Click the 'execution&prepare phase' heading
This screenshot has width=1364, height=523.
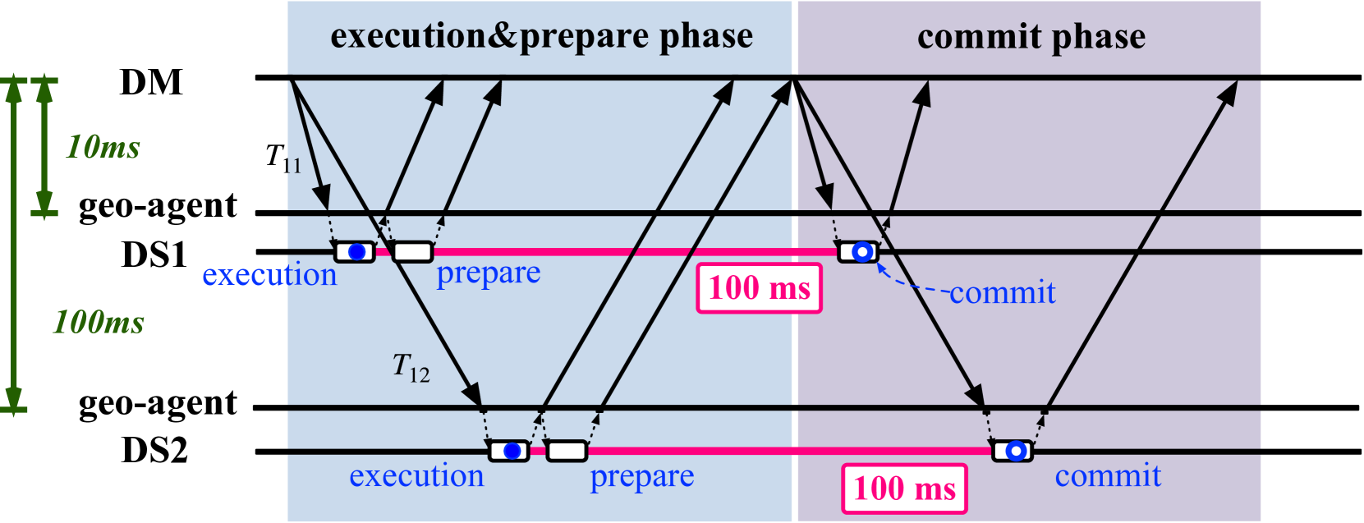(541, 36)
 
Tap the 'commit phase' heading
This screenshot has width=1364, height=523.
(1031, 37)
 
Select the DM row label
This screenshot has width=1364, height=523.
(151, 82)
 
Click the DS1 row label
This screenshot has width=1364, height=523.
(154, 255)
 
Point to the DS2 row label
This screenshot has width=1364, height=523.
(154, 450)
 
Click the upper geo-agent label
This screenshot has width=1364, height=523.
(158, 206)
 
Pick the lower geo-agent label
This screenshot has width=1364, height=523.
(158, 404)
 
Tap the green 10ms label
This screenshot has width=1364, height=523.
(103, 148)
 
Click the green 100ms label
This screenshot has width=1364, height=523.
(99, 322)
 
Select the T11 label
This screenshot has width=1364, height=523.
(283, 158)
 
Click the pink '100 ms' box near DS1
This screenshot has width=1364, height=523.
(759, 288)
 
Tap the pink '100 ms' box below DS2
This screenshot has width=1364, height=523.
(904, 489)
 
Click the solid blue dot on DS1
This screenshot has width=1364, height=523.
(356, 252)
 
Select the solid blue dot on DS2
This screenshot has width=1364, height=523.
(512, 451)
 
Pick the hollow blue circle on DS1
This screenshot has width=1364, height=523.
(861, 252)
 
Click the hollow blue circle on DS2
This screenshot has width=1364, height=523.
(1016, 451)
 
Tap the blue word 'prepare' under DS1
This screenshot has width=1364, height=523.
(488, 273)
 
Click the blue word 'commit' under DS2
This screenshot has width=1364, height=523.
(1108, 475)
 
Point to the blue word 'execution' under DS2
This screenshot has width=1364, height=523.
(416, 476)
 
